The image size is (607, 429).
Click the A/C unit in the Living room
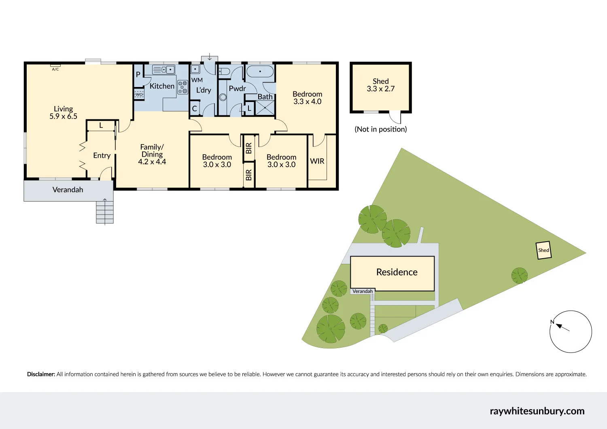click(55, 65)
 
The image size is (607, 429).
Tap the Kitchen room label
click(162, 86)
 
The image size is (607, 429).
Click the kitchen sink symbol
click(163, 70)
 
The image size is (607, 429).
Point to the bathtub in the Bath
click(260, 72)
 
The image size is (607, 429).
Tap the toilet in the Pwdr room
click(224, 72)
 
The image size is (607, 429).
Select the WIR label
click(317, 161)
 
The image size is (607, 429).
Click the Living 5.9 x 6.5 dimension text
click(63, 117)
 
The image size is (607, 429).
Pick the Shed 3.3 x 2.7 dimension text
click(380, 89)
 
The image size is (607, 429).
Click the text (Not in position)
click(381, 129)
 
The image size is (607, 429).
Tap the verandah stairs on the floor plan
click(104, 212)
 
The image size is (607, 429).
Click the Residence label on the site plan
click(397, 272)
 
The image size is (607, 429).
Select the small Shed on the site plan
click(543, 250)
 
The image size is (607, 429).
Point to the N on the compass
click(552, 322)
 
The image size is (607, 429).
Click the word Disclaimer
click(41, 374)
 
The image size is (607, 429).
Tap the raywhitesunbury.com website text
click(537, 411)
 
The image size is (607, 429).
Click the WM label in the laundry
click(197, 80)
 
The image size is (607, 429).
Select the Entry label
click(102, 155)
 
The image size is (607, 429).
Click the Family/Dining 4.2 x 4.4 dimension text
click(152, 162)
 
